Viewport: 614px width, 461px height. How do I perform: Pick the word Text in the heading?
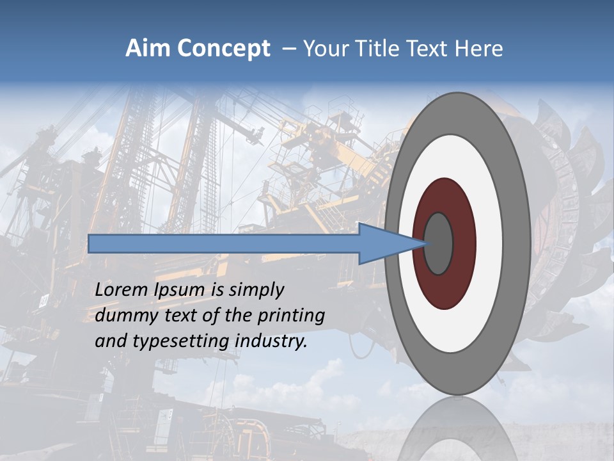pos(429,49)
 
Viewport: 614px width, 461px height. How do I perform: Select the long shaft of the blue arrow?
pos(224,243)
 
